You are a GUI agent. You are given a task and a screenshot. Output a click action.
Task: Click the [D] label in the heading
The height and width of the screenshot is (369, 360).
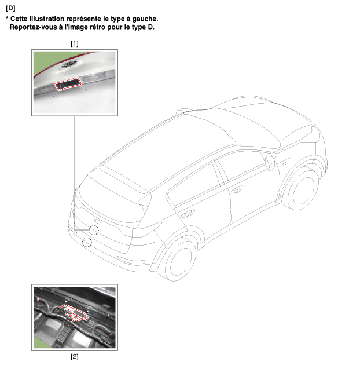coord(10,8)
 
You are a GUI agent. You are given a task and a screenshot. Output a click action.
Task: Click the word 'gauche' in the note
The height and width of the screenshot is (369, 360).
coord(145,19)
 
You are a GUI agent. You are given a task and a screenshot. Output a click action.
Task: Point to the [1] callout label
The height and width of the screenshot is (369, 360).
coord(75,43)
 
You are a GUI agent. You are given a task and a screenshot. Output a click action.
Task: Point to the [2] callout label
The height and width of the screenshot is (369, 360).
coord(75,357)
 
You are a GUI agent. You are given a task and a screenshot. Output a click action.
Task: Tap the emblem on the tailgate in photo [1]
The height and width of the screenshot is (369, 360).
coord(69,64)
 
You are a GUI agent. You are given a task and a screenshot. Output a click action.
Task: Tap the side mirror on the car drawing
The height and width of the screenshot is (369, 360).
coord(270,162)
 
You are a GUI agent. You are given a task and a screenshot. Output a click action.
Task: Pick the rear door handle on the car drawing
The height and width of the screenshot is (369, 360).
coord(188,214)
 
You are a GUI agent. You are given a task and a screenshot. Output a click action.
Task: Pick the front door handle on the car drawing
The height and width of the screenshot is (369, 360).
coord(237,189)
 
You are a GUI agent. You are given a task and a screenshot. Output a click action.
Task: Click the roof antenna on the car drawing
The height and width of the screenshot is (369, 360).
coord(183,111)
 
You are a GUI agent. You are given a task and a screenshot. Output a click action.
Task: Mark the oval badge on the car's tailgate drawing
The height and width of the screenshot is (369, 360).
coord(98,221)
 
